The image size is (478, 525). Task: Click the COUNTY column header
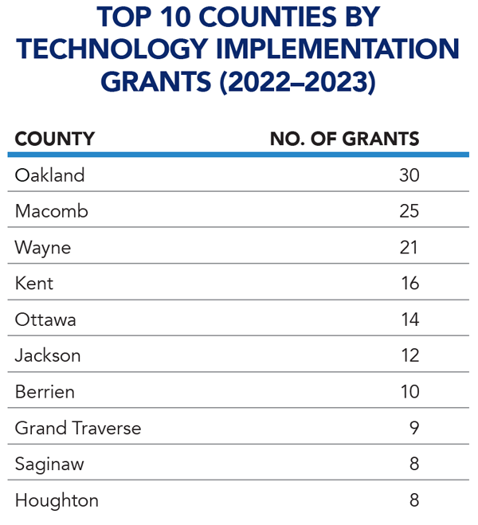(x=55, y=139)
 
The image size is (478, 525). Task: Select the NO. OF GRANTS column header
(x=344, y=139)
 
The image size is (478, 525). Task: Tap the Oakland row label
(x=50, y=175)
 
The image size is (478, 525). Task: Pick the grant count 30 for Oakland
(x=409, y=175)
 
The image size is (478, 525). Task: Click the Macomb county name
(x=52, y=211)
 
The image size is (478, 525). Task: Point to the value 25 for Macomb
(x=409, y=211)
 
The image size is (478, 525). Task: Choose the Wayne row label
(x=43, y=249)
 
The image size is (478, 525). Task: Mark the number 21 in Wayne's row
(x=409, y=248)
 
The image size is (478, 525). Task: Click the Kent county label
(x=34, y=284)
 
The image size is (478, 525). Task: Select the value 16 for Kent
(x=410, y=284)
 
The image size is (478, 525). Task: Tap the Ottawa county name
(x=45, y=319)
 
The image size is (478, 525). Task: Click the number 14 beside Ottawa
(x=410, y=319)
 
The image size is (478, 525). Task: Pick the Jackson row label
(x=48, y=355)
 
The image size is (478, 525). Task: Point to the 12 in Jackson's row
(x=410, y=355)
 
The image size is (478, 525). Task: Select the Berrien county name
(x=45, y=392)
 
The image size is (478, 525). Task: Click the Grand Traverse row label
(x=78, y=428)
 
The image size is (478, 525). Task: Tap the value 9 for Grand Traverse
(x=414, y=428)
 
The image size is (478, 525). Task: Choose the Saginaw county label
(x=49, y=465)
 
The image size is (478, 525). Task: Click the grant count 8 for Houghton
(x=414, y=500)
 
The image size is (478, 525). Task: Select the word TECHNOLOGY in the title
(x=112, y=49)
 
